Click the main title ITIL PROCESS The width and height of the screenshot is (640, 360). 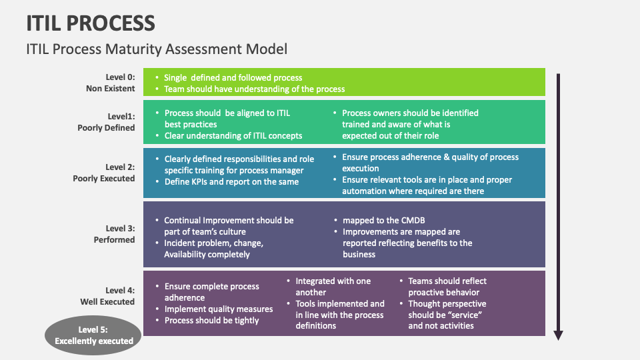(91, 23)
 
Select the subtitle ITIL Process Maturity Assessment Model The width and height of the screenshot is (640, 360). (157, 49)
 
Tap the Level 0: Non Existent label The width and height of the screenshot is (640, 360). (110, 83)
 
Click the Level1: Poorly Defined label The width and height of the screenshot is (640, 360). (107, 121)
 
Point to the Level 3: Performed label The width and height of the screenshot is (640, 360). (114, 234)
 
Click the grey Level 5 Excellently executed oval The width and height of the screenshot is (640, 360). (94, 335)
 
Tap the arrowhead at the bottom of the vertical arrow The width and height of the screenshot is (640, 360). (559, 335)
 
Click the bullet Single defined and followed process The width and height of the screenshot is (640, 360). (233, 78)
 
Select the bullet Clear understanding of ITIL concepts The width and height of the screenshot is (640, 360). (233, 135)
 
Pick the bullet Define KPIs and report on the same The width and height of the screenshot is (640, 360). (231, 182)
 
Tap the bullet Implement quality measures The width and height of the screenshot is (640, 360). (219, 309)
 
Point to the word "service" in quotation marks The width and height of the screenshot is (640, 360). (464, 315)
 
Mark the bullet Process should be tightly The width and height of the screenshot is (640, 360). (211, 320)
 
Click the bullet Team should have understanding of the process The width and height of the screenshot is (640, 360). (254, 89)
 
